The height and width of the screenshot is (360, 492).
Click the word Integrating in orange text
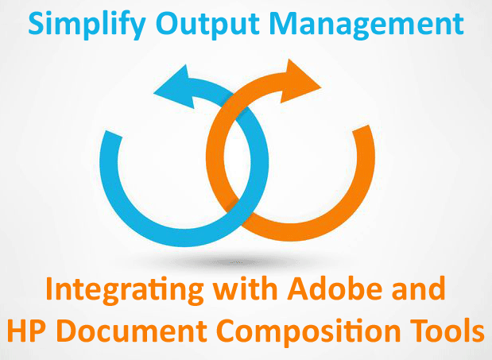(x=125, y=290)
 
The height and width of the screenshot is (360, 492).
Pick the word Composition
(x=308, y=332)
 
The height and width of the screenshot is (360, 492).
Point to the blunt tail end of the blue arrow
(x=112, y=134)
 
